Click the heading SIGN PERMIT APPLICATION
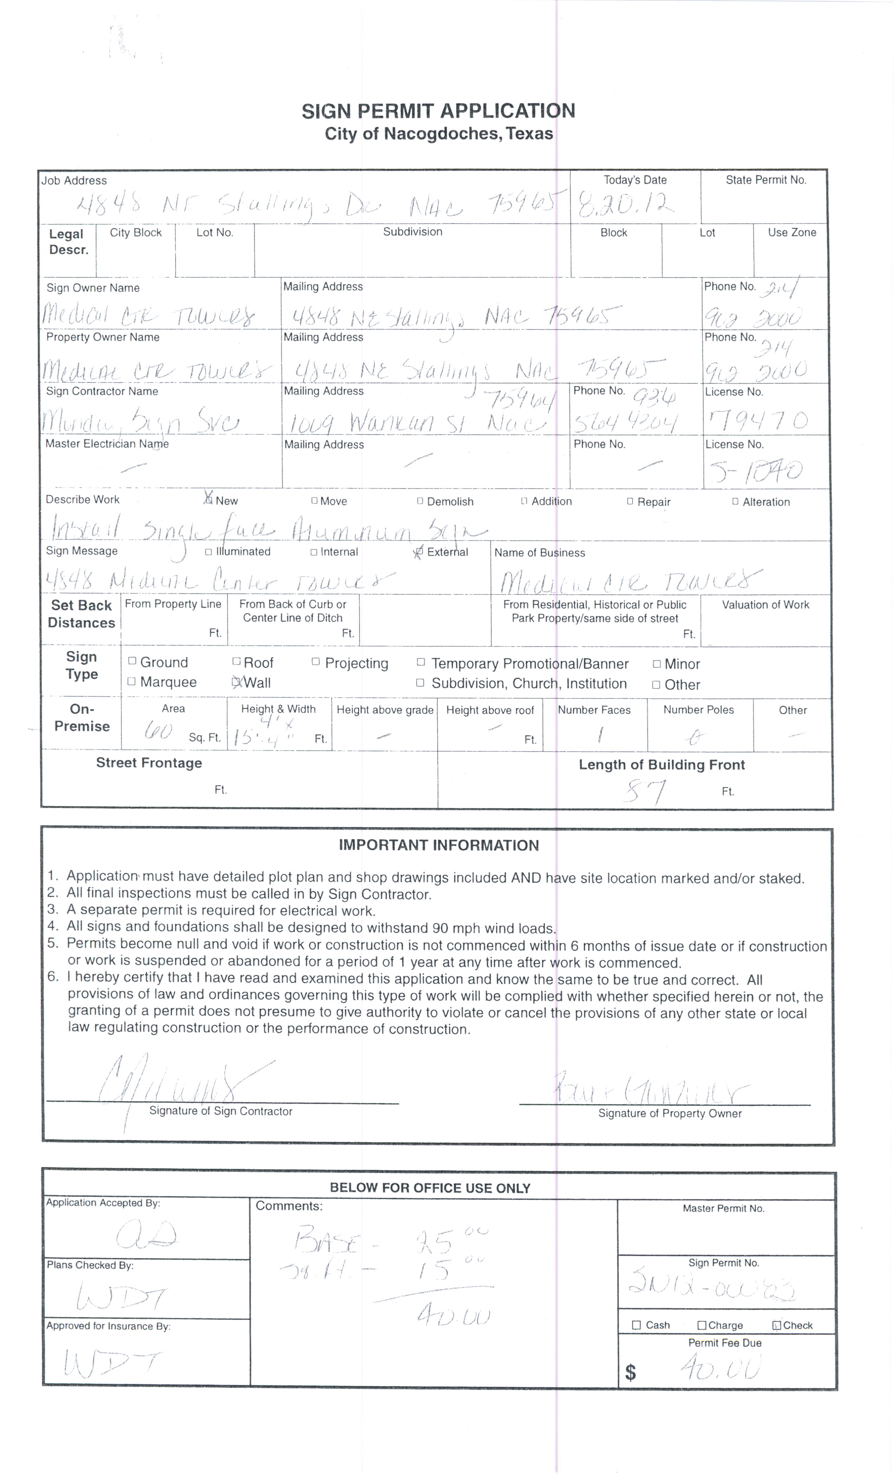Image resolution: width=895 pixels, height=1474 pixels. click(438, 111)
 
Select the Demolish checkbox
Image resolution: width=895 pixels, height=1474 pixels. click(420, 501)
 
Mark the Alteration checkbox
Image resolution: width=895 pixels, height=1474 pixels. click(735, 501)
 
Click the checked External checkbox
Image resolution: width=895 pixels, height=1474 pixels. click(419, 552)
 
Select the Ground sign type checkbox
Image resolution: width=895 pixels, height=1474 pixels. click(132, 661)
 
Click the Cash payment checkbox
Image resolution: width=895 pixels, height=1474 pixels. click(637, 1325)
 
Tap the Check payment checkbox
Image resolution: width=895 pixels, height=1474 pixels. click(776, 1325)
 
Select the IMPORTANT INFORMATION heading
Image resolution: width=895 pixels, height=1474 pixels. click(438, 845)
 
